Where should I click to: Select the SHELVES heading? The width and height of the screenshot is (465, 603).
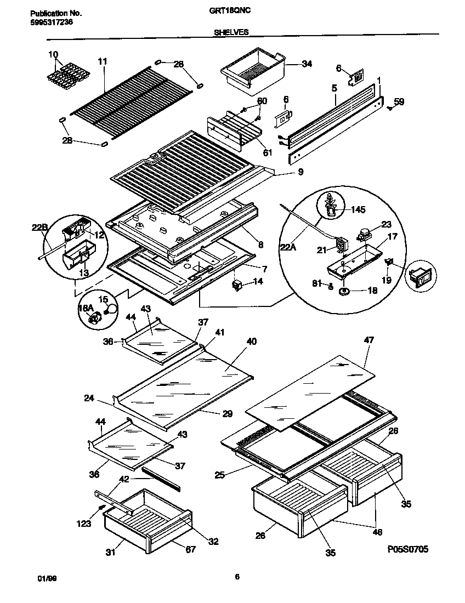(231, 32)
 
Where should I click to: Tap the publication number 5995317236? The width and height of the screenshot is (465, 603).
(49, 22)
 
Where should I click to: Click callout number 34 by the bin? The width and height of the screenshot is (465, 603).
(307, 64)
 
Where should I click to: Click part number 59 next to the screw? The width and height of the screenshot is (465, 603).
(399, 101)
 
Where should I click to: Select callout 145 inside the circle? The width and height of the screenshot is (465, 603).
(358, 209)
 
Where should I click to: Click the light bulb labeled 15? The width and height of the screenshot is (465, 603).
(111, 310)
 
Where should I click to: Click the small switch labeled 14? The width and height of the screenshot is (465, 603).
(237, 283)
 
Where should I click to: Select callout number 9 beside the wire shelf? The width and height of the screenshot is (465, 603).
(300, 172)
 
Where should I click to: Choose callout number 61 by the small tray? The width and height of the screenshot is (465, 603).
(267, 152)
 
